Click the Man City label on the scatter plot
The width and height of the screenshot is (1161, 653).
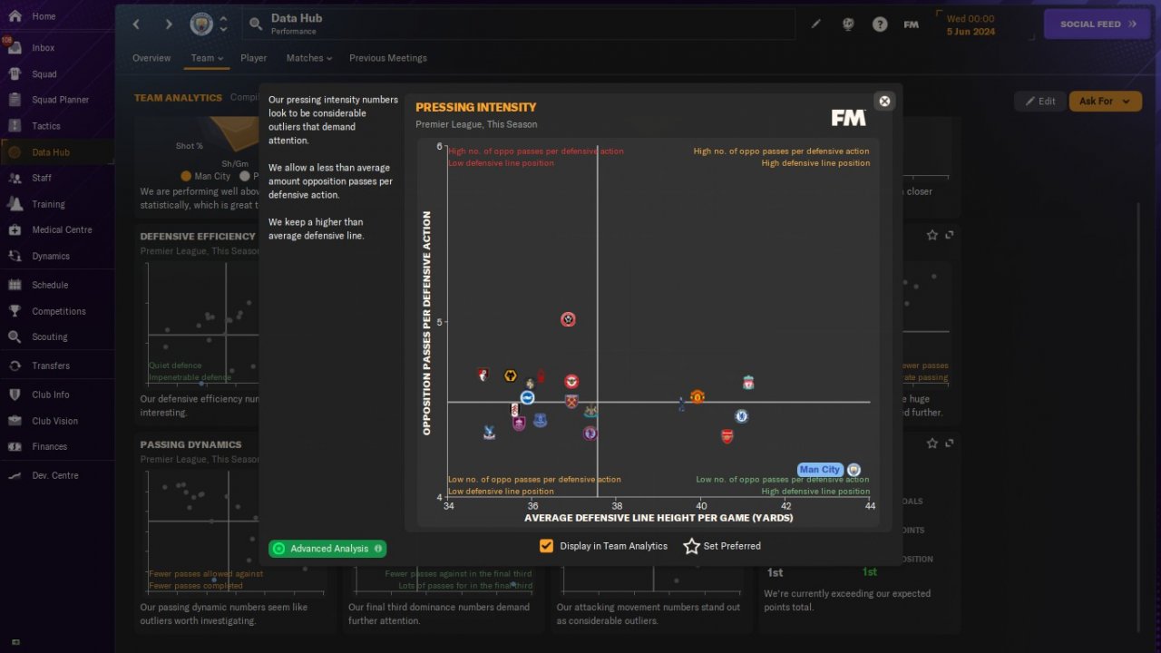(x=820, y=470)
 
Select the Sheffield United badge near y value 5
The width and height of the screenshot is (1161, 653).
(x=568, y=319)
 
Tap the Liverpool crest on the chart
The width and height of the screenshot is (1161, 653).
(x=748, y=383)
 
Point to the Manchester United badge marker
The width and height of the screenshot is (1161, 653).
(x=697, y=397)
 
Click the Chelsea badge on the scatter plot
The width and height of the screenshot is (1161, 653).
(x=741, y=416)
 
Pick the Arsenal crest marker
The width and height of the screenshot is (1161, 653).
(x=727, y=436)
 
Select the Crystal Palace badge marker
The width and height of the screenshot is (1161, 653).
(x=490, y=433)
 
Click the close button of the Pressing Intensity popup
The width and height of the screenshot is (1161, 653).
(x=884, y=102)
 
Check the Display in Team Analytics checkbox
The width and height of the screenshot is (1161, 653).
(x=546, y=546)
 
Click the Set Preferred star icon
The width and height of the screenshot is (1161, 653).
(x=692, y=546)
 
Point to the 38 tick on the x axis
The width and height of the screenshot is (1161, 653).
(x=617, y=505)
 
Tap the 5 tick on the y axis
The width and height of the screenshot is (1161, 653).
(x=440, y=322)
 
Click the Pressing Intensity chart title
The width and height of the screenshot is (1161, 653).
(x=475, y=107)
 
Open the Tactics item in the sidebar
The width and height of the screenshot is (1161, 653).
(x=45, y=126)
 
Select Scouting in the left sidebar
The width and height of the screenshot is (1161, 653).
(x=49, y=336)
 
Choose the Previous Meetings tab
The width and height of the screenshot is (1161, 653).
(x=387, y=58)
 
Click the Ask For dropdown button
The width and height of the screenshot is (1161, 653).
(x=1105, y=102)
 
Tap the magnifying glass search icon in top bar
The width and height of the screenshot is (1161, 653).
(x=256, y=24)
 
